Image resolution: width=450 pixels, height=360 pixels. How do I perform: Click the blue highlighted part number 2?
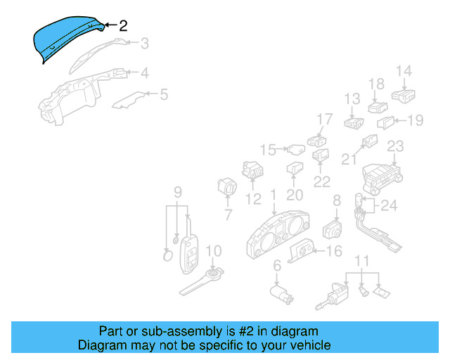pyautogui.click(x=69, y=38)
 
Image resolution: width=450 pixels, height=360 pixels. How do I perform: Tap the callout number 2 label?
pyautogui.click(x=124, y=26)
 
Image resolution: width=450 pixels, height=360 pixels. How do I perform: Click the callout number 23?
pyautogui.click(x=395, y=146)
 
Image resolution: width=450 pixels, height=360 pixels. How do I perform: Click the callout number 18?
pyautogui.click(x=376, y=84)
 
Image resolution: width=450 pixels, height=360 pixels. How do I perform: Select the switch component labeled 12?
pyautogui.click(x=252, y=170)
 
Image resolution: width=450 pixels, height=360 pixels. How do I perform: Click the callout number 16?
pyautogui.click(x=334, y=251)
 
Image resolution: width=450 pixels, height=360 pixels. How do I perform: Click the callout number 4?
pyautogui.click(x=144, y=72)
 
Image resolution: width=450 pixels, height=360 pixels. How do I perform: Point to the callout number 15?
pyautogui.click(x=267, y=149)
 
